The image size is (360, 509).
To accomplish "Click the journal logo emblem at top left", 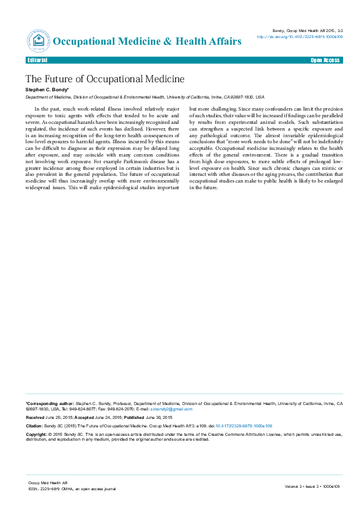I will [x=38, y=41].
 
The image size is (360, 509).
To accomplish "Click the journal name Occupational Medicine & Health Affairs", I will [x=148, y=41].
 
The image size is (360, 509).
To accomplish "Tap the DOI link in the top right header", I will [x=299, y=36].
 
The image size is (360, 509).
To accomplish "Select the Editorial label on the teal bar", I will [x=38, y=60].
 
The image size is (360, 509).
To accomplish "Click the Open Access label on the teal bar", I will [x=326, y=60].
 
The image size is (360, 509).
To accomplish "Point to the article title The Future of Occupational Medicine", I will [x=105, y=79].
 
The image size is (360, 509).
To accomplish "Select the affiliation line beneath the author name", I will [x=145, y=97].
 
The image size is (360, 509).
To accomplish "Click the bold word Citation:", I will [x=34, y=426].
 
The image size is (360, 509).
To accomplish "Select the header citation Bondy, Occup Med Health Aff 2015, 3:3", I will [x=308, y=30].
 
